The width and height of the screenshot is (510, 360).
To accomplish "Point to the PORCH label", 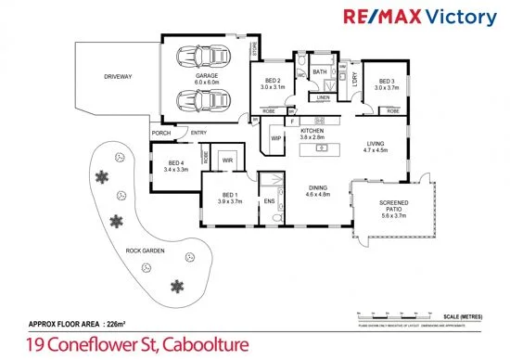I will pyautogui.click(x=161, y=133).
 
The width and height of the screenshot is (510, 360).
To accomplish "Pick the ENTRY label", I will pyautogui.click(x=198, y=133).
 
